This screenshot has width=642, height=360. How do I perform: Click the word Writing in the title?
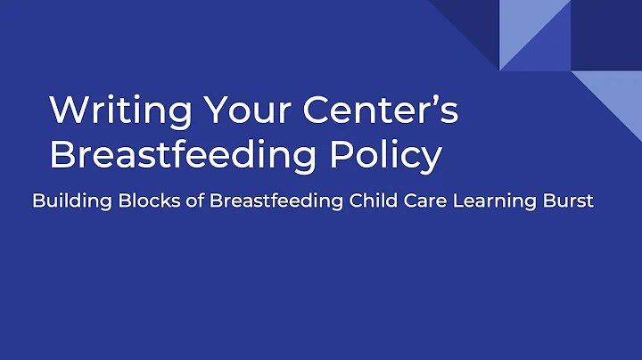(119, 110)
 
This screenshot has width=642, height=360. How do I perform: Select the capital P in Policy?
(364, 154)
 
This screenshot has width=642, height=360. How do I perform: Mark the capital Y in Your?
(217, 110)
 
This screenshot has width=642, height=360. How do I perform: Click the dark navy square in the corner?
(606, 36)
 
